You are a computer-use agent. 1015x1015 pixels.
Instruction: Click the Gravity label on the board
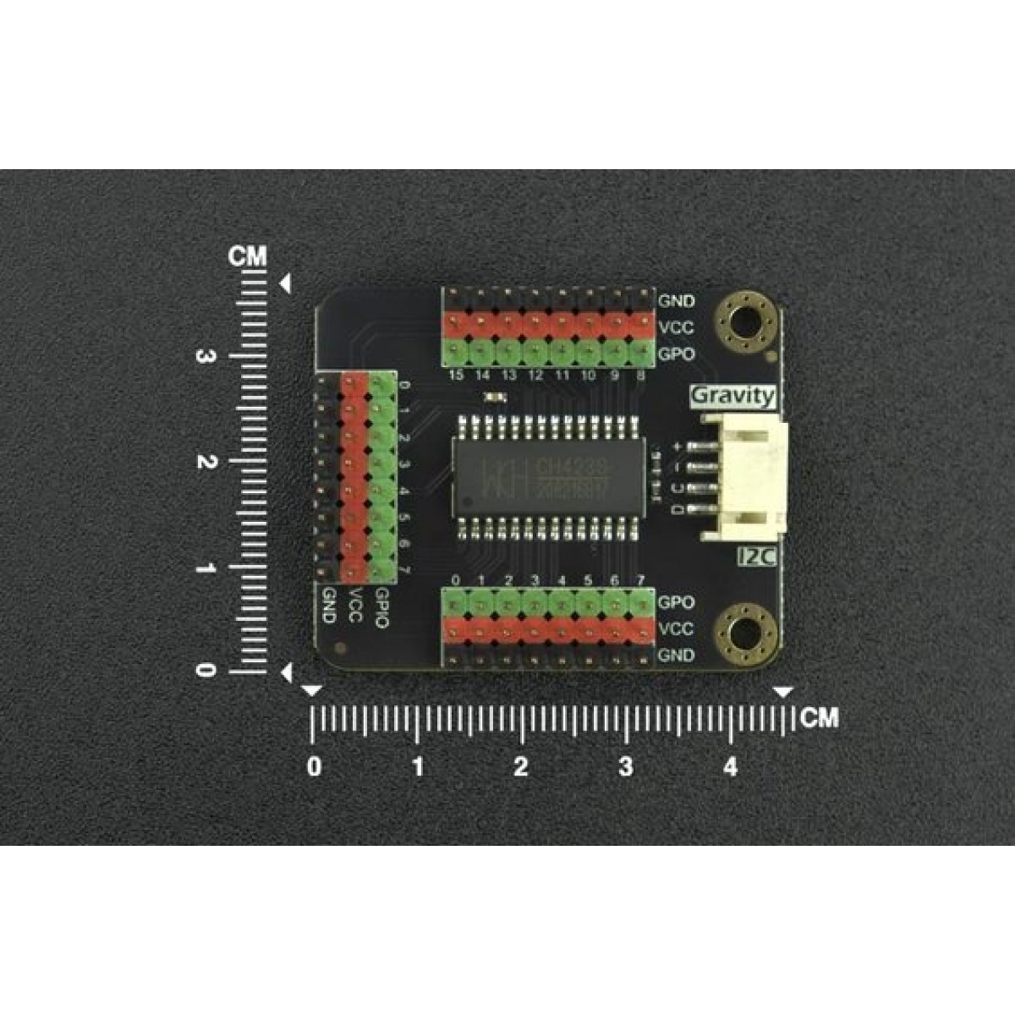pos(732,395)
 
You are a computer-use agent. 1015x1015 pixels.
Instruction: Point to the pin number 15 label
pos(457,376)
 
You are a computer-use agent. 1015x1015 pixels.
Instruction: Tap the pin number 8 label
pos(640,376)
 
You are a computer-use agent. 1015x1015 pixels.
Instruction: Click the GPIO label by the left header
pos(382,607)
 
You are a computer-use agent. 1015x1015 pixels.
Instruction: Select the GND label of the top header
pos(677,300)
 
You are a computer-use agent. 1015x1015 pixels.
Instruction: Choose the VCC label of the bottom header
pos(676,628)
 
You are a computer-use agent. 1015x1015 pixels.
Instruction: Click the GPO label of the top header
pos(676,354)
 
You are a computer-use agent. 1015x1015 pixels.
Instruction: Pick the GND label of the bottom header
pos(677,655)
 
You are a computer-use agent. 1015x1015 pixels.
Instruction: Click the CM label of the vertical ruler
pos(248,257)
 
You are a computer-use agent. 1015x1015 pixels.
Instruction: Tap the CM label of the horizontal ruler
pos(819,718)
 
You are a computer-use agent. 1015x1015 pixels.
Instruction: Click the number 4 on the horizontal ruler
pos(730,767)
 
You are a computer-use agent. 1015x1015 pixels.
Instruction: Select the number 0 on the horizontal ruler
pos(315,767)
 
